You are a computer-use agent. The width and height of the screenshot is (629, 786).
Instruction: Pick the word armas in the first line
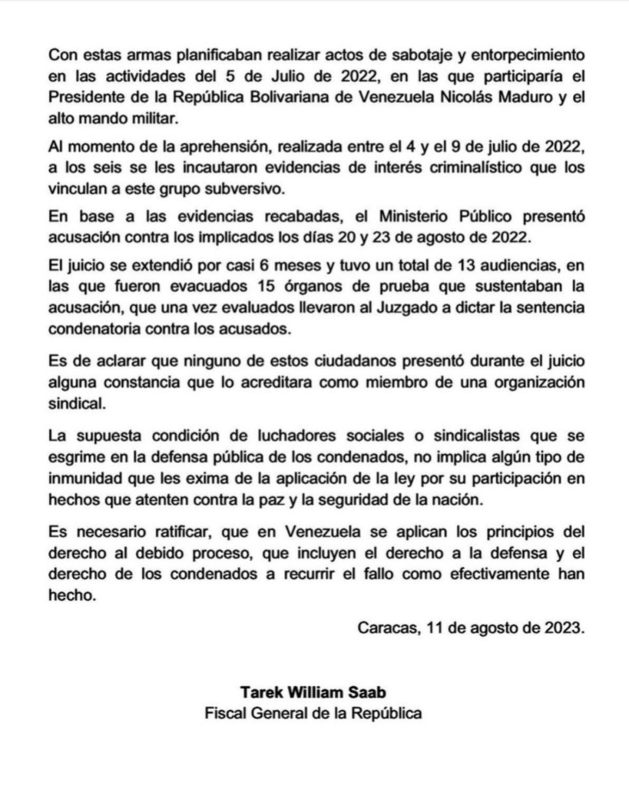(139, 57)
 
